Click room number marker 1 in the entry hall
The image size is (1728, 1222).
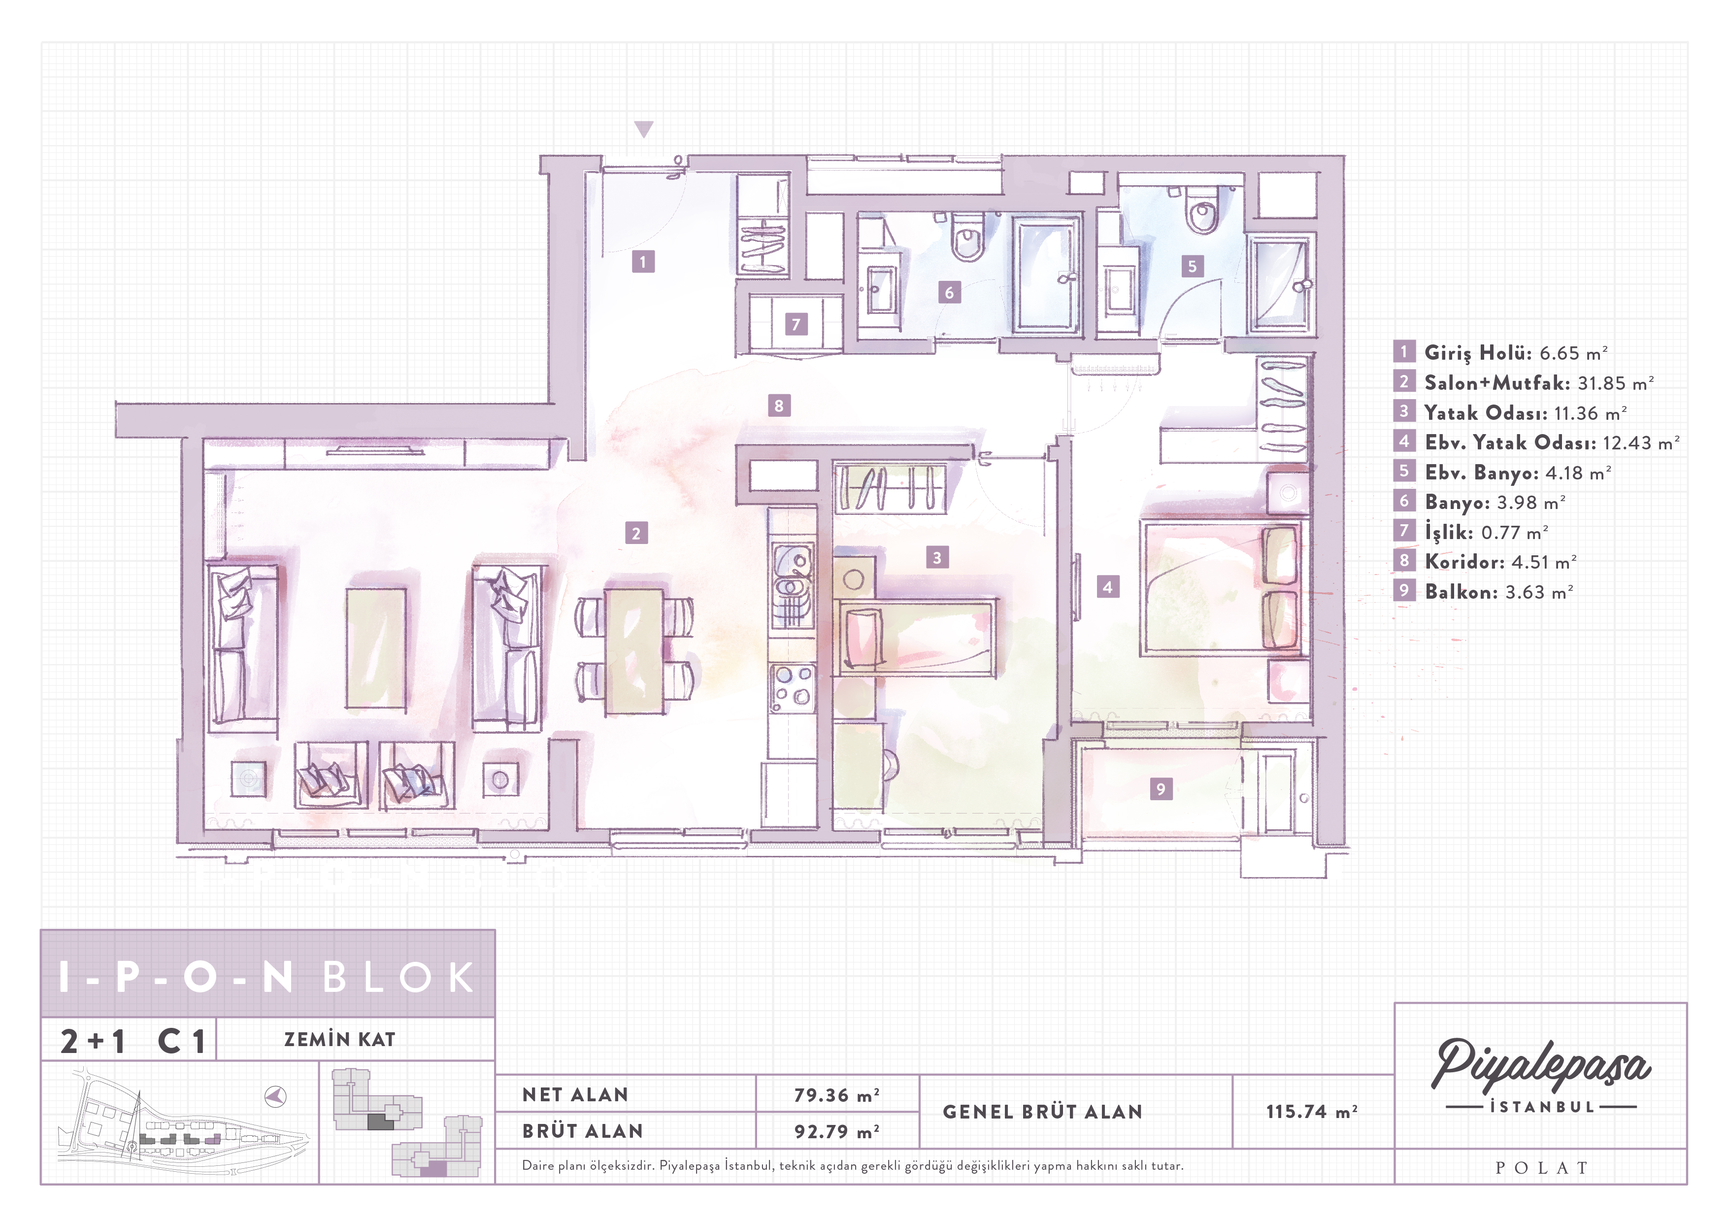pos(643,262)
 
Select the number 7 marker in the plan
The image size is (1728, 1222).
pos(796,325)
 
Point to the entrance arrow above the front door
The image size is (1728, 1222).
pos(643,130)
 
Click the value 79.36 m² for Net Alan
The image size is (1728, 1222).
pos(836,1095)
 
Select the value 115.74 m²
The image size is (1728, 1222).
pos(1312,1111)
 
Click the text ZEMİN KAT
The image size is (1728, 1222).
pos(339,1040)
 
